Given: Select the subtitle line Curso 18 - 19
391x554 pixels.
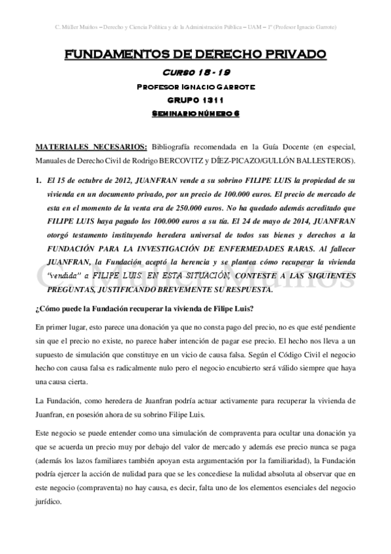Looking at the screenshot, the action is (x=195, y=73).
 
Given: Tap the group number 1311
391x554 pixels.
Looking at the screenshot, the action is (x=211, y=100).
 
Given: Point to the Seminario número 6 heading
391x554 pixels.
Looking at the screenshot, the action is (x=195, y=114).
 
